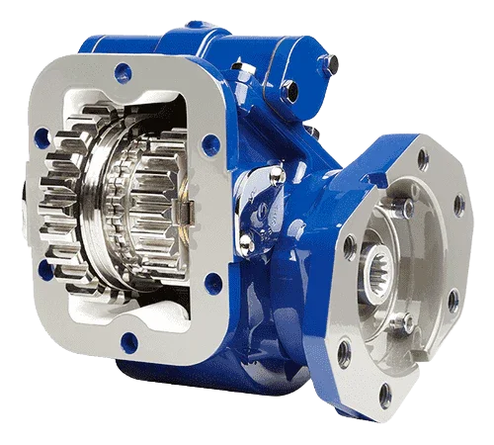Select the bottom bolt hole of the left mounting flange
point(127,342)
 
